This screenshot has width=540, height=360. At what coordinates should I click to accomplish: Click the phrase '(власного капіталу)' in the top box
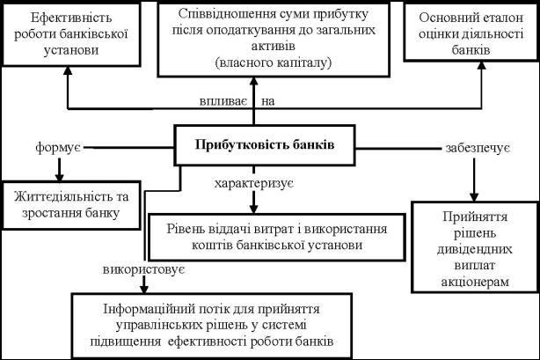(272, 62)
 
